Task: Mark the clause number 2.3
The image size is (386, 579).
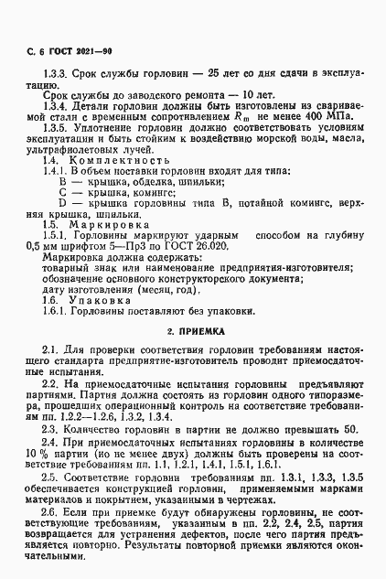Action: pyautogui.click(x=51, y=426)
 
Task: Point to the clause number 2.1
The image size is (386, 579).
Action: pyautogui.click(x=51, y=350)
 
